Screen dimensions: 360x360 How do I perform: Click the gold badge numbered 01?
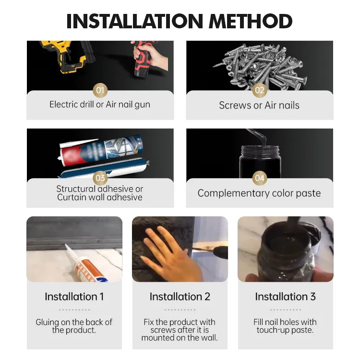(100, 90)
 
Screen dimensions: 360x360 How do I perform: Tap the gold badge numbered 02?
(260, 90)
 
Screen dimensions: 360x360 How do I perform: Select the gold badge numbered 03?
(100, 178)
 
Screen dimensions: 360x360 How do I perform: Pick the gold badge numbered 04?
(260, 178)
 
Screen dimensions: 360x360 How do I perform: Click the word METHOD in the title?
(250, 21)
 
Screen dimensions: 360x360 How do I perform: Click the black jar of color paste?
(260, 161)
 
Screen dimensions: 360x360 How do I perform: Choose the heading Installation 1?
(74, 297)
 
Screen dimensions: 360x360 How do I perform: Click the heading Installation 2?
(180, 297)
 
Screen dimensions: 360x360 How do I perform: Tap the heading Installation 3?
(286, 297)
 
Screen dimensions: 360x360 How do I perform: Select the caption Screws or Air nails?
(259, 106)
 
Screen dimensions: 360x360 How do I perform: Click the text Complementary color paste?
(259, 193)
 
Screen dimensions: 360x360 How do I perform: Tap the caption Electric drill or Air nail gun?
(100, 105)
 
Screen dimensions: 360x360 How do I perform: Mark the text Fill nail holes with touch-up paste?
(285, 326)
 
